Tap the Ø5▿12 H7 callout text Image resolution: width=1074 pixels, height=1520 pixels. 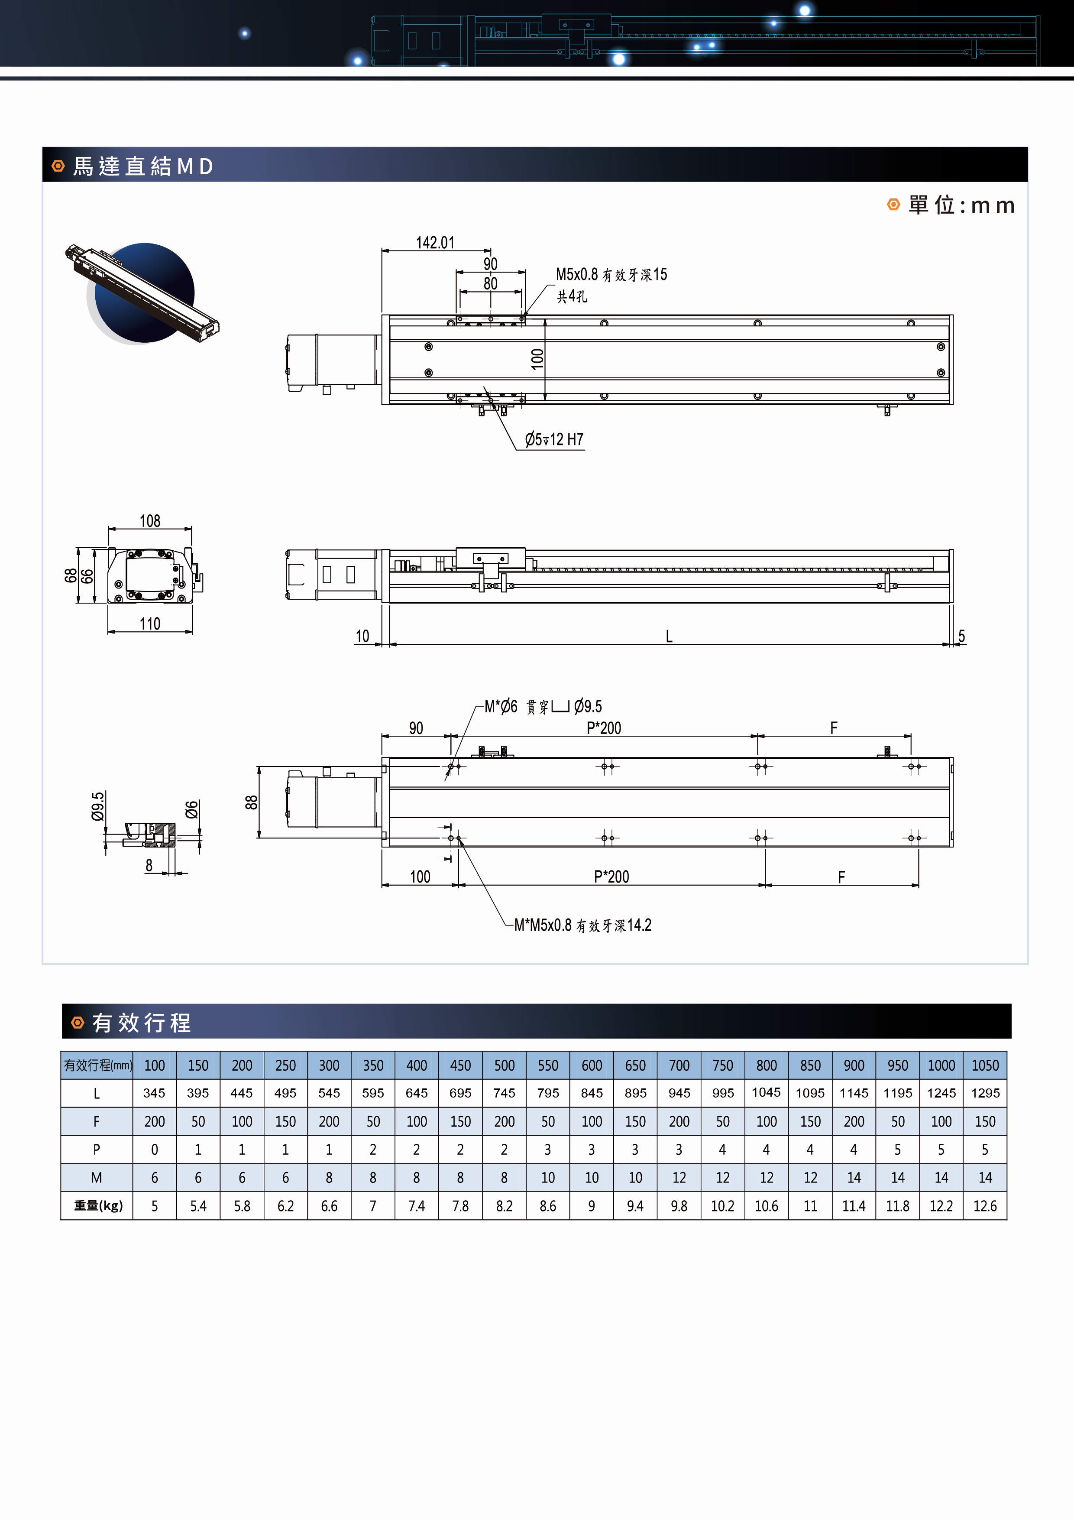point(554,440)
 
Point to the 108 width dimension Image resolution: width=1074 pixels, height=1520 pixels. point(149,521)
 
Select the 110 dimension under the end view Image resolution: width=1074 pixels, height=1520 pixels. point(149,624)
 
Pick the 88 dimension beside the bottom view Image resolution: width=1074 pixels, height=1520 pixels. point(252,802)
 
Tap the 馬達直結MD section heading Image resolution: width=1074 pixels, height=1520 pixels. point(143,166)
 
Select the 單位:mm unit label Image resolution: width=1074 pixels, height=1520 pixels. point(961,205)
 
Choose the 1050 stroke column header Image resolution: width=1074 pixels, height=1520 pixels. point(985,1065)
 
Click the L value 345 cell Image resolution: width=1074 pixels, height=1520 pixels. point(154,1093)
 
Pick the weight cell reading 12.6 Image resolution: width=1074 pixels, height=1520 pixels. point(985,1205)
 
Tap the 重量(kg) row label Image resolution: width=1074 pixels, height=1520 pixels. point(98,1205)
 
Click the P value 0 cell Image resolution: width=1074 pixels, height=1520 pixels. point(154,1149)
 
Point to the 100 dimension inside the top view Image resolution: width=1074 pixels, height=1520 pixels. point(537,358)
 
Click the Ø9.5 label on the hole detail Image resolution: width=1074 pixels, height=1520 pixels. point(98,806)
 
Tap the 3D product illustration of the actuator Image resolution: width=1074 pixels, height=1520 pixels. point(142,293)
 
